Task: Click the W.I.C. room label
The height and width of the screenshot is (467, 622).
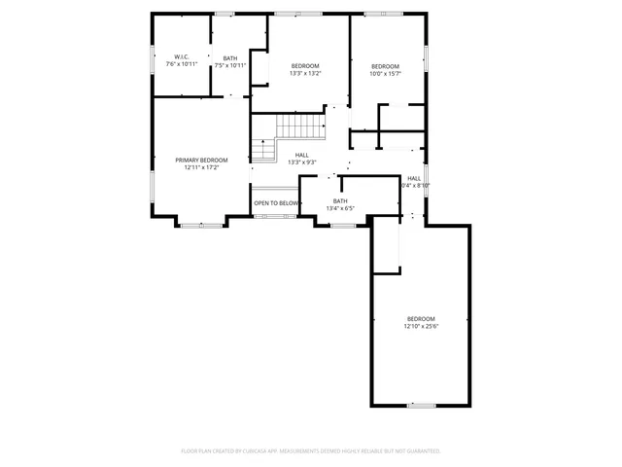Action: [x=181, y=57]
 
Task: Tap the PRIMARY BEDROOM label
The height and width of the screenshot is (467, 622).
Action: [x=201, y=160]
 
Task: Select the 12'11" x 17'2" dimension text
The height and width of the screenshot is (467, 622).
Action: [x=201, y=167]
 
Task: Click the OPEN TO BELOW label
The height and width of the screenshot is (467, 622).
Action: [x=276, y=203]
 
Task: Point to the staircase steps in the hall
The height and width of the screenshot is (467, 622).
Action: [x=298, y=126]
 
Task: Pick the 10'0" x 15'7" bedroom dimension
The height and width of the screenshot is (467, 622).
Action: [x=385, y=73]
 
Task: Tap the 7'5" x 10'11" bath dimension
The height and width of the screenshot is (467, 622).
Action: [x=230, y=65]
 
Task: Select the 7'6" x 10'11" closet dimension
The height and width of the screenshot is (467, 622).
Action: [x=181, y=65]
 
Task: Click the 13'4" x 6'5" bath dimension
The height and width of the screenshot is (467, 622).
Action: [x=340, y=207]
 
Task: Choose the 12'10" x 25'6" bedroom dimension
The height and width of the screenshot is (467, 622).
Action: [x=421, y=327]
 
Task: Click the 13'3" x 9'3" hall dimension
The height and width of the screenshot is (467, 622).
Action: [x=302, y=162]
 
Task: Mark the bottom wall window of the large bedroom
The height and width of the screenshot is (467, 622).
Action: [x=421, y=404]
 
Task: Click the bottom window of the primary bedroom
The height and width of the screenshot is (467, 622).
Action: [x=201, y=226]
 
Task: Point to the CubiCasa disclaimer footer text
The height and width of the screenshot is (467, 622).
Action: [x=311, y=451]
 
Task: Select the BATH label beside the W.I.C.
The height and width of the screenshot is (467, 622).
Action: [x=230, y=57]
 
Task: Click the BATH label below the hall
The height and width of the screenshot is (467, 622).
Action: [x=340, y=200]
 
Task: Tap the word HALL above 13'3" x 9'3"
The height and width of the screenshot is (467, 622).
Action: [x=302, y=155]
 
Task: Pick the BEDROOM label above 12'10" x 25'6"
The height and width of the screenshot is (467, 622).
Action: [x=421, y=319]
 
